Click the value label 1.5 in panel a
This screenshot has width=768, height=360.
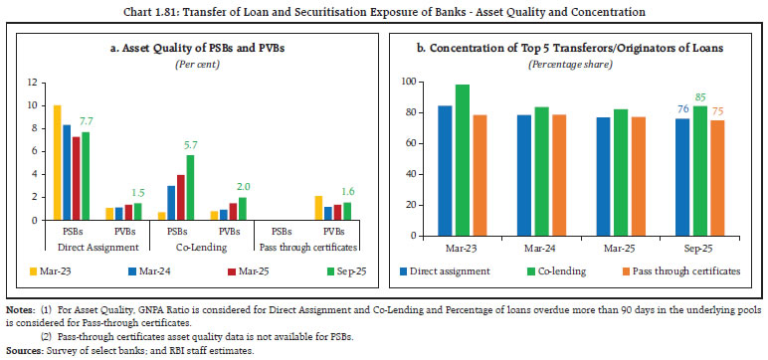coord(140,191)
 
